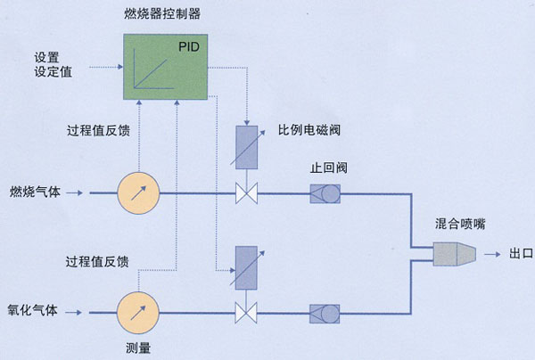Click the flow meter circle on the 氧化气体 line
click(137, 311)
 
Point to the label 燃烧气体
click(35, 192)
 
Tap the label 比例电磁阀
click(309, 130)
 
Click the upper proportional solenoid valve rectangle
click(245, 146)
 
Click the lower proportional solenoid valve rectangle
click(245, 266)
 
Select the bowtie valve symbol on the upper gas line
click(245, 192)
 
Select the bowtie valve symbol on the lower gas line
click(245, 312)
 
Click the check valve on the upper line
click(325, 192)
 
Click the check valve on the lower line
click(325, 312)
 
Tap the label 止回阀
click(325, 166)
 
